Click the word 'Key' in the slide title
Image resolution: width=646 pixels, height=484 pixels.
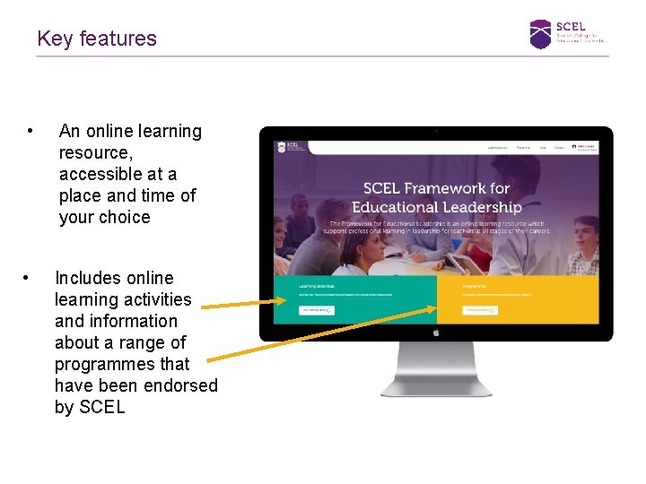55,39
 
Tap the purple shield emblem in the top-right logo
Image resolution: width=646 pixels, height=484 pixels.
540,34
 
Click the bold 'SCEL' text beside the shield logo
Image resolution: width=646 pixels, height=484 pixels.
571,26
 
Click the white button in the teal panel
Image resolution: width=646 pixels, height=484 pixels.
317,310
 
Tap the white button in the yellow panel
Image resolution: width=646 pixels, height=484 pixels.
480,310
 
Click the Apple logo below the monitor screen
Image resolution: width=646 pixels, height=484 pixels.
436,332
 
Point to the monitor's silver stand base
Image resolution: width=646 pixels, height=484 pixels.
436,387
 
